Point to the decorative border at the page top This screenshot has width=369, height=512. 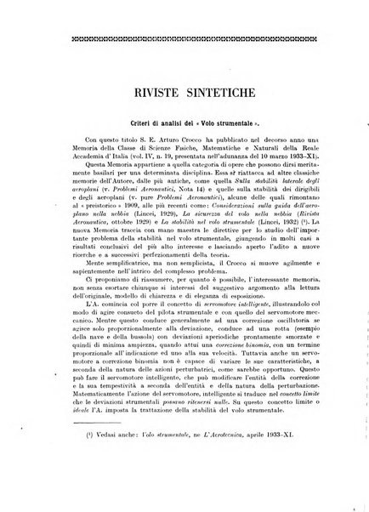click(x=184, y=40)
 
